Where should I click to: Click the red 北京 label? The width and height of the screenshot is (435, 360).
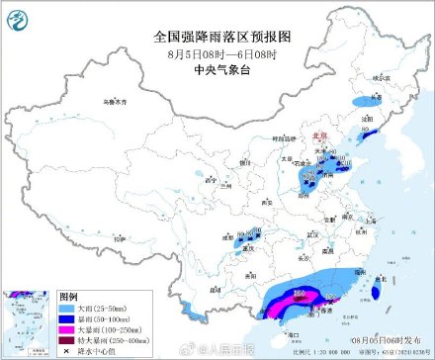[x=316, y=137]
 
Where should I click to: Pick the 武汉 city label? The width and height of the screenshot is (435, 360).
[x=313, y=234]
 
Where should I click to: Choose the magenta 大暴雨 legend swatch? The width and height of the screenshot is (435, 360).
[x=69, y=330]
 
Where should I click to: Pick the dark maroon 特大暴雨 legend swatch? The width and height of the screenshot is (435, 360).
[x=69, y=340]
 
